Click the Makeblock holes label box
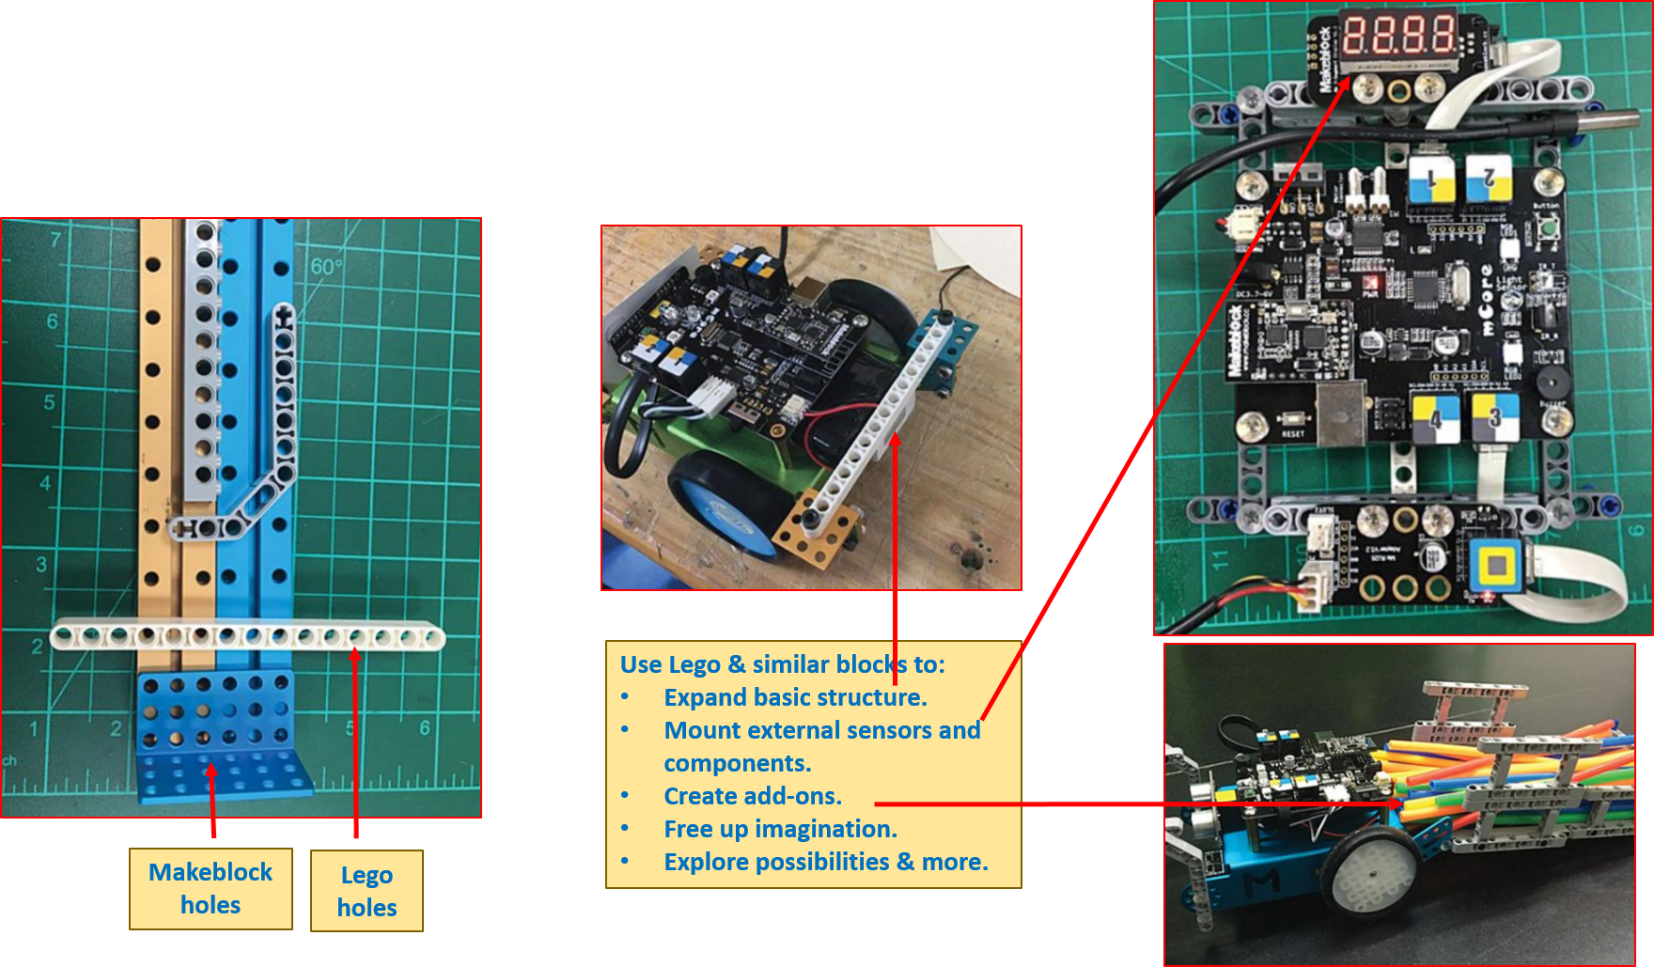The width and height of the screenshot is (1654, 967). pos(211,888)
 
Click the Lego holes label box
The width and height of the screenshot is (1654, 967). pos(367,891)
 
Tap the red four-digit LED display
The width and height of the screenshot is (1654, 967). pos(1397,35)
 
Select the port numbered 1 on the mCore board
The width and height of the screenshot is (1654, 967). pos(1431,178)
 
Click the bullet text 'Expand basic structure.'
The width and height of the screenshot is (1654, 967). pos(795,697)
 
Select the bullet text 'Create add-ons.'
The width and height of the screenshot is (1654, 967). pos(752,796)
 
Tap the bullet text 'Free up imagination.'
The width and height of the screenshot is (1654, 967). pos(780,829)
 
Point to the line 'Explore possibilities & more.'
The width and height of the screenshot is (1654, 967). pos(825,862)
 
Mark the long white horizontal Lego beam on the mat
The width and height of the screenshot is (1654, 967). pos(247,637)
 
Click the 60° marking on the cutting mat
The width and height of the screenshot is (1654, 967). pos(325,267)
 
